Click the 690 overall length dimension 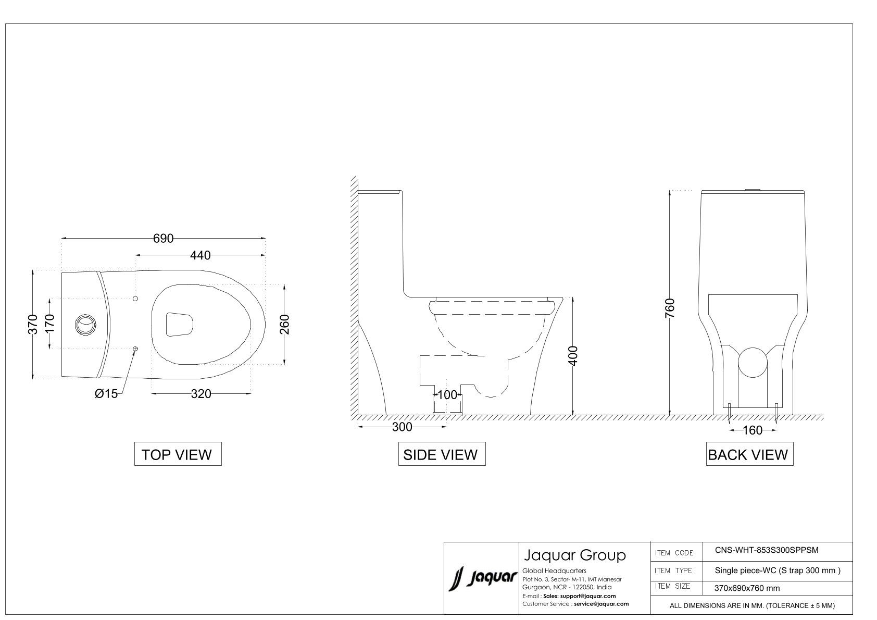[163, 238]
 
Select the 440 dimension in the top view [201, 255]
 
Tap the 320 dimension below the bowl [201, 393]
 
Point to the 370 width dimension [33, 324]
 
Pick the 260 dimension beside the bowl [285, 324]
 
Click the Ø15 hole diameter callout [106, 393]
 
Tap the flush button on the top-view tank [85, 325]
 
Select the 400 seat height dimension [573, 356]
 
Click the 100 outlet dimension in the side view [447, 395]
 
